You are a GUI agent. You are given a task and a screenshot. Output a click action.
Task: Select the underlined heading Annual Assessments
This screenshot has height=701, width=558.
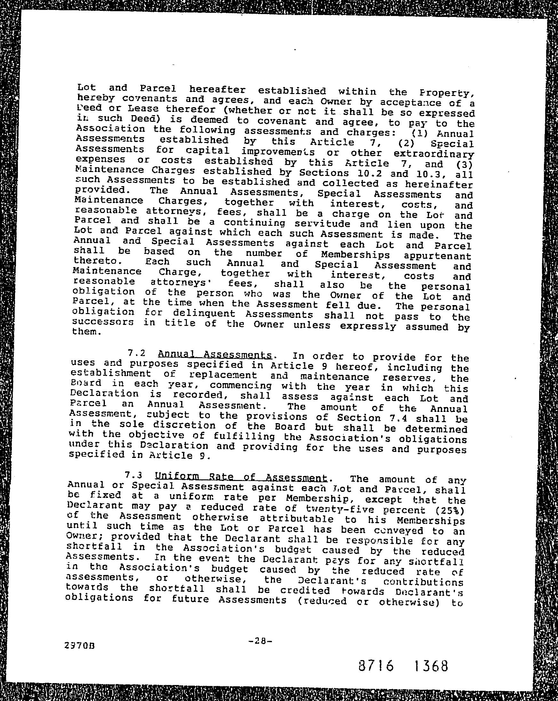(x=214, y=354)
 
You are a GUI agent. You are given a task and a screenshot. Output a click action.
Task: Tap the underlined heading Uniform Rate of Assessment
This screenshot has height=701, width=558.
(x=241, y=477)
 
